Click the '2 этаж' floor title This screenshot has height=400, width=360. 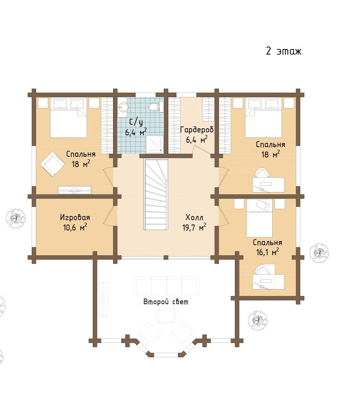tap(283, 51)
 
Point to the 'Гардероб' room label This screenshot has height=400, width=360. tap(197, 130)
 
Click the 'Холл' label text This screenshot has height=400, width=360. tap(194, 218)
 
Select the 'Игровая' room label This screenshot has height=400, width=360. tap(75, 218)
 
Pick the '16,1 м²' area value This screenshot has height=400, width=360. tap(268, 252)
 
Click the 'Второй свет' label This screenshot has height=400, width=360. tap(166, 302)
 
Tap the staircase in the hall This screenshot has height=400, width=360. tap(156, 194)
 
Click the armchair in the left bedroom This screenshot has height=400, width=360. tap(52, 164)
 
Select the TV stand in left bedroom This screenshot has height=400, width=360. tap(74, 190)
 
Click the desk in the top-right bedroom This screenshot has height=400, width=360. tap(268, 185)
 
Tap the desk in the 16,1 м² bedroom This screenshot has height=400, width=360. tap(268, 282)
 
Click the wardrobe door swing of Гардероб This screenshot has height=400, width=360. tap(202, 150)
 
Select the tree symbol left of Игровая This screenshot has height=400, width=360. tap(16, 218)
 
